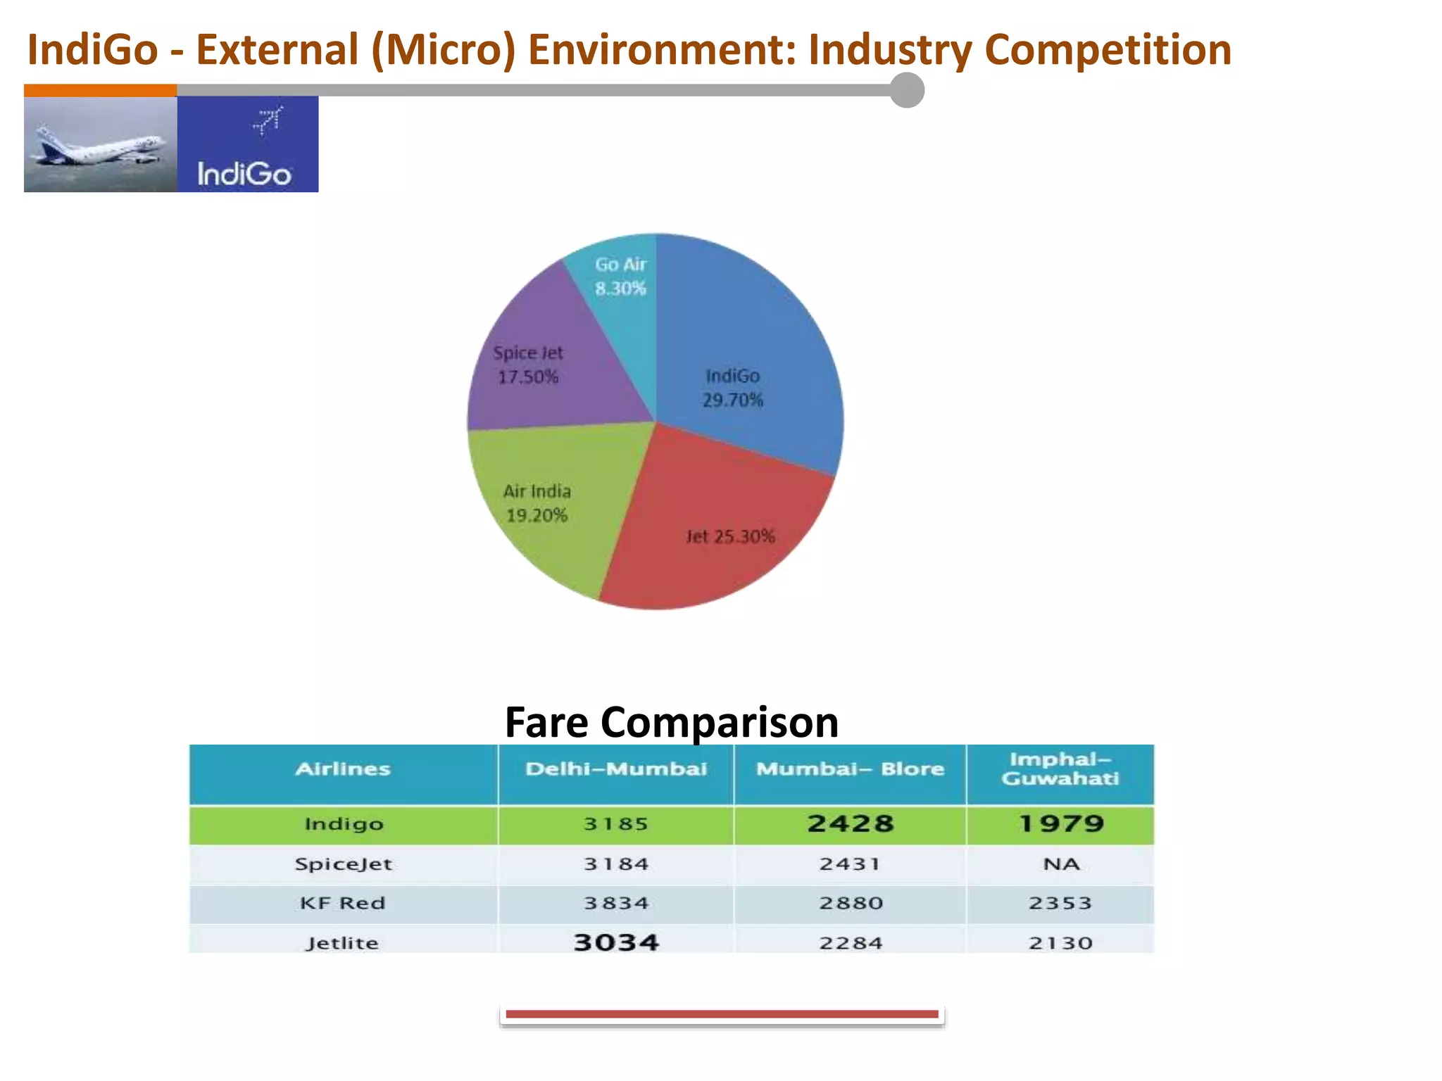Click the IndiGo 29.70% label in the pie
[732, 388]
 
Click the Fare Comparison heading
[672, 722]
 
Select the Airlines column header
[343, 769]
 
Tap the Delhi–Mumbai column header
[616, 769]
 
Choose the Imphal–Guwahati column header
[1060, 769]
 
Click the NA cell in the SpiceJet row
[1061, 864]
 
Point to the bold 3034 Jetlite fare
[616, 942]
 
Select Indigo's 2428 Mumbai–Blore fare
[851, 823]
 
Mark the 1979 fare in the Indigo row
[1061, 823]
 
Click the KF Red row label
[343, 903]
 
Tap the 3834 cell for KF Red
[616, 903]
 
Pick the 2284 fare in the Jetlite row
[851, 943]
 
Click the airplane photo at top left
[100, 144]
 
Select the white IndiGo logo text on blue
[244, 174]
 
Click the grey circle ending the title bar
[907, 90]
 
